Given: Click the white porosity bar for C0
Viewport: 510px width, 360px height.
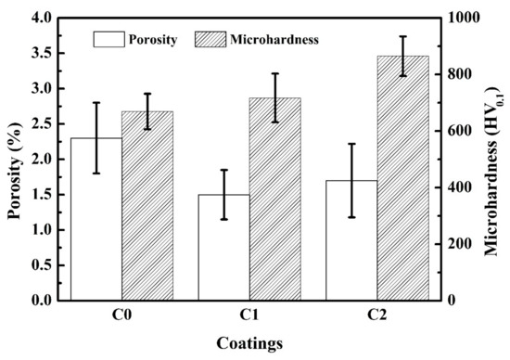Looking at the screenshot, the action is (96, 219).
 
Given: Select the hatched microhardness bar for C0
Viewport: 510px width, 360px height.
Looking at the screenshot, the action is (147, 206).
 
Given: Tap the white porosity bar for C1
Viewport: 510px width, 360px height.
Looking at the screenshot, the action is (224, 248).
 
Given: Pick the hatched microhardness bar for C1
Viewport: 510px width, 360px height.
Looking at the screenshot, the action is (275, 199).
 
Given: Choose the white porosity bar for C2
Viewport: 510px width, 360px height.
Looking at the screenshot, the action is (351, 240).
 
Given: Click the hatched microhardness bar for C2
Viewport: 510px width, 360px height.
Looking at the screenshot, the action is (403, 178).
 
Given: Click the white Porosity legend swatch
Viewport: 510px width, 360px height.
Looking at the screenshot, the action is (109, 39).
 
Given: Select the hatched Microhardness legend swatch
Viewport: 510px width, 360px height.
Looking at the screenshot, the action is (210, 39).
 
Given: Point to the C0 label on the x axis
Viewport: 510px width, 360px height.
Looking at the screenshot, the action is (122, 315).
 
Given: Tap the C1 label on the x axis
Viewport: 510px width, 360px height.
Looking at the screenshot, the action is (249, 315).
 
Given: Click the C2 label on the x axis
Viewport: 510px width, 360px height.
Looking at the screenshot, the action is (377, 315).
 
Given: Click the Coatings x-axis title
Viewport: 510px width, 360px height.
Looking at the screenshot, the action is (249, 343).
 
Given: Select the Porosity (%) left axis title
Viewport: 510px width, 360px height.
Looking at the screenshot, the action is (15, 171).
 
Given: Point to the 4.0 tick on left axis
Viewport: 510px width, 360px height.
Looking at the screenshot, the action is (41, 18).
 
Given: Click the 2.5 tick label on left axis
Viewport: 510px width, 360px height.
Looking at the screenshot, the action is (41, 123).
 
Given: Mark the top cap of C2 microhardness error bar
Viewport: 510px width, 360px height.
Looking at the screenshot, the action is (403, 36).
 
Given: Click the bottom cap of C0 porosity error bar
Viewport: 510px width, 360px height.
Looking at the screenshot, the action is (96, 174).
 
